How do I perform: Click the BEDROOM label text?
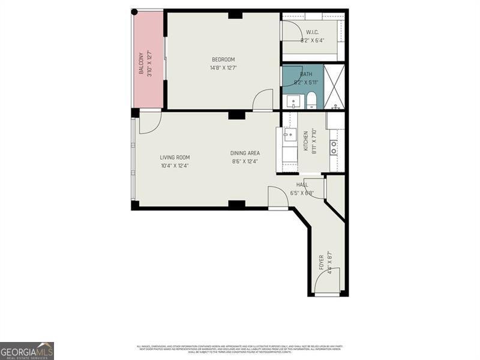click(x=223, y=59)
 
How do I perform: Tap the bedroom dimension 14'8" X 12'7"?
click(x=223, y=68)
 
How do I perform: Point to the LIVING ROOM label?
click(x=175, y=158)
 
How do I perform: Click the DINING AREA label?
click(x=245, y=153)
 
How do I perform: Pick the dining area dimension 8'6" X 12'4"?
click(x=245, y=161)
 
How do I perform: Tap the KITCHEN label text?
click(x=305, y=142)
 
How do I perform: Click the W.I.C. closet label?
click(x=312, y=32)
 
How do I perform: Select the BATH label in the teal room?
click(x=307, y=74)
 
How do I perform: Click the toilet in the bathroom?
click(x=311, y=102)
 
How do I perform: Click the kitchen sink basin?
click(x=290, y=134)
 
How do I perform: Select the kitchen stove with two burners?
click(x=334, y=148)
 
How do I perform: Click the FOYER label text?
click(x=322, y=262)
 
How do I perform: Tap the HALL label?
click(x=302, y=185)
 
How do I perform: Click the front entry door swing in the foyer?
click(x=332, y=280)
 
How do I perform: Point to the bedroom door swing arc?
click(x=262, y=101)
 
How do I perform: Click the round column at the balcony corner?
click(x=134, y=11)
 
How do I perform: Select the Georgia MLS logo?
click(x=27, y=350)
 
